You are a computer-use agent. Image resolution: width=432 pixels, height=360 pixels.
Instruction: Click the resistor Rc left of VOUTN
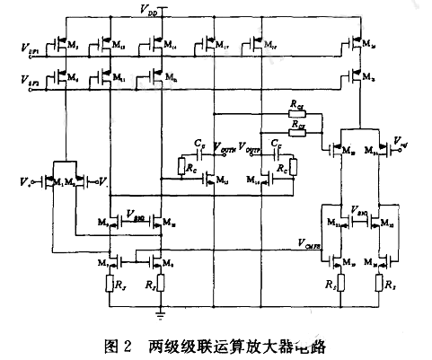click(190, 168)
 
